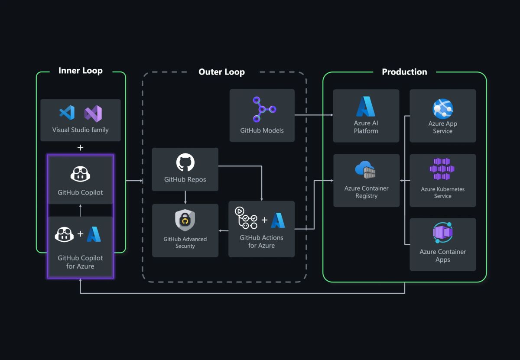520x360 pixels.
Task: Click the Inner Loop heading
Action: [81, 71]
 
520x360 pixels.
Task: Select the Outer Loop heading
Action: [221, 72]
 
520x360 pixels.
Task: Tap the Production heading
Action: [404, 72]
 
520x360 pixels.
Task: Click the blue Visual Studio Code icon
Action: [67, 113]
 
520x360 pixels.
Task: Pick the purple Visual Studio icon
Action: [93, 114]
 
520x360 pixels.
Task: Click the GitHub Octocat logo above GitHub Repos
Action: [185, 162]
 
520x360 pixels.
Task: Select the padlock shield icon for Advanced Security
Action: [185, 221]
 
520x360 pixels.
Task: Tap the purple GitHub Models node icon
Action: [263, 109]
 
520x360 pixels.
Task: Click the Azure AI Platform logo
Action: [366, 107]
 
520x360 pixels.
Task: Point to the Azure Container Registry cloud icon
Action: [365, 169]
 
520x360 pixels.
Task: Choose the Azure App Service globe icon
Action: [442, 109]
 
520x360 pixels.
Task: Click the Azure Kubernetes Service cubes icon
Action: [442, 169]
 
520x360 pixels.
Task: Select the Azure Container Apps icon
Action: [442, 233]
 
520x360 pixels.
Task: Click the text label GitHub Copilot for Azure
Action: [80, 262]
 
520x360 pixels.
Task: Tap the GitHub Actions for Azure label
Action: [261, 241]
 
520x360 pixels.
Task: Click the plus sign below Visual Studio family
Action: [80, 148]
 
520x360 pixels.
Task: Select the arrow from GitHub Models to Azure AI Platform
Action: [314, 115]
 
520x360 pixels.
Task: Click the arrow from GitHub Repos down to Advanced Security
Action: [185, 198]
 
